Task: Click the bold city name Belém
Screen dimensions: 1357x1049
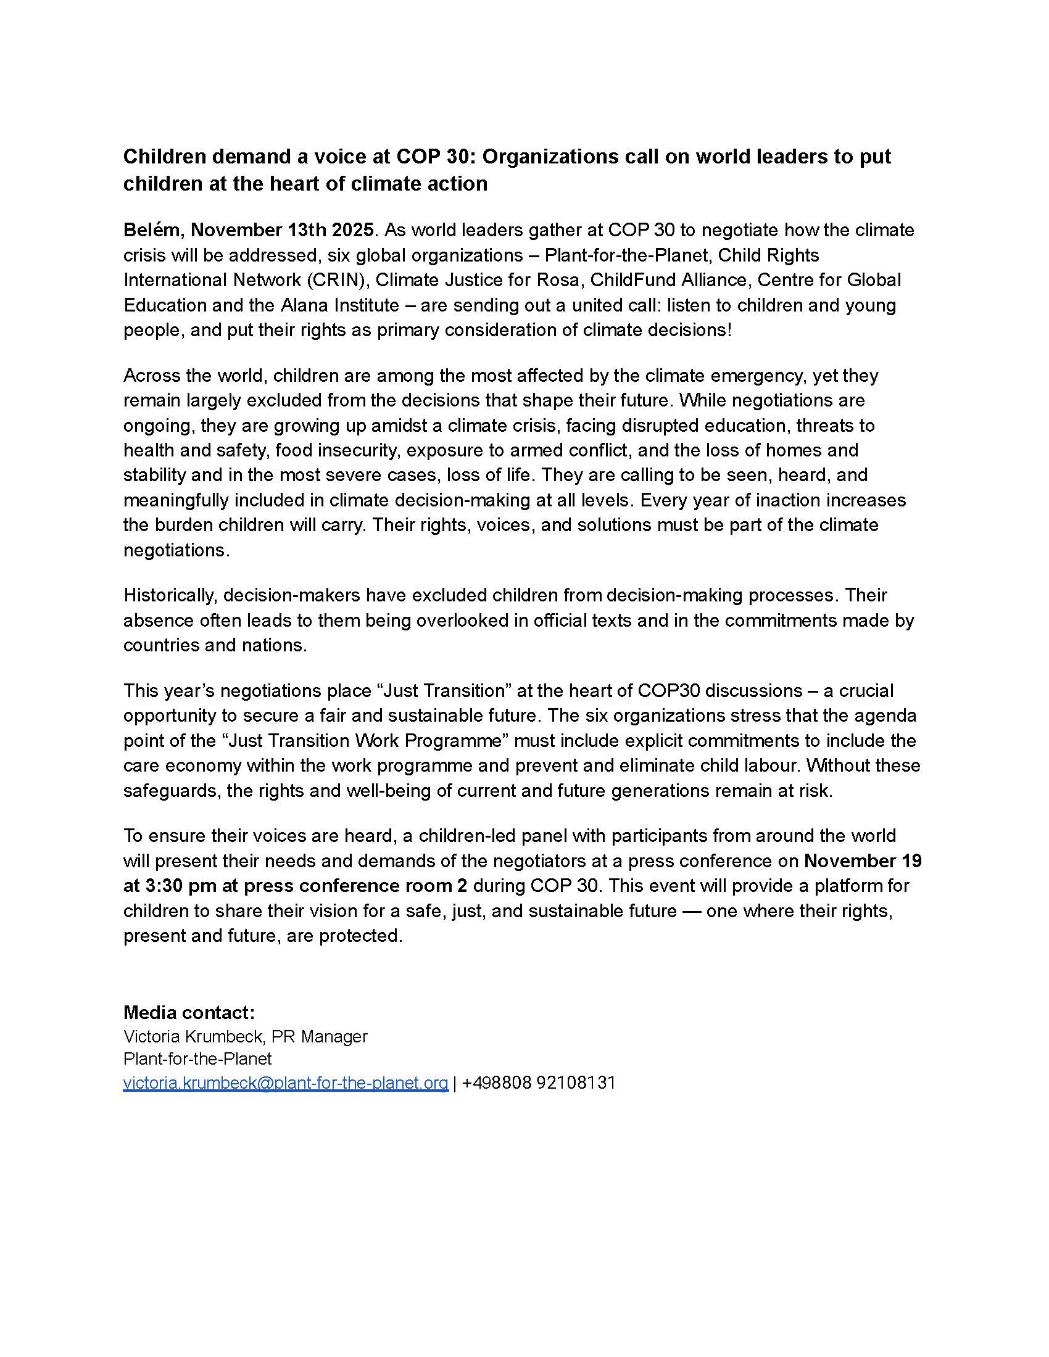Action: [x=151, y=230]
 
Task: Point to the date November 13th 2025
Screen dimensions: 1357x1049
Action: [x=282, y=230]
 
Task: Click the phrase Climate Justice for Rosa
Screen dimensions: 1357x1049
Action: [x=479, y=280]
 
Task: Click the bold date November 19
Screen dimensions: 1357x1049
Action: [x=863, y=861]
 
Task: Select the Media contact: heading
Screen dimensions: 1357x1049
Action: [x=189, y=1013]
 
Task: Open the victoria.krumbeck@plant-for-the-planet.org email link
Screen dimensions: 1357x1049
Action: [x=285, y=1083]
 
